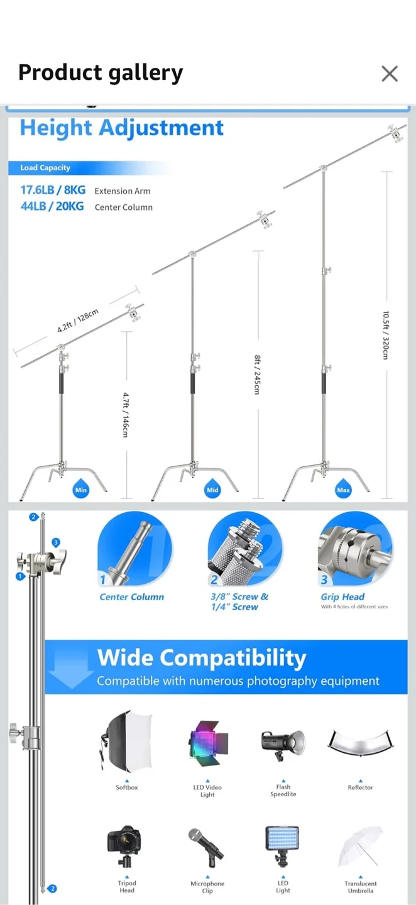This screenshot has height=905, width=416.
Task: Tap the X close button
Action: pos(390,74)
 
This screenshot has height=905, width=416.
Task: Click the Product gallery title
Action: pos(101,73)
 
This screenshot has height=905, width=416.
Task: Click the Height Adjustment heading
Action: pos(122,128)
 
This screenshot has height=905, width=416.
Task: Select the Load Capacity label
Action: pos(45,168)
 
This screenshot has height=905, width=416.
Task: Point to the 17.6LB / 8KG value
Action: pos(53,190)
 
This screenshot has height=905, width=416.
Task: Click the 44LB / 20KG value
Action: pos(52,206)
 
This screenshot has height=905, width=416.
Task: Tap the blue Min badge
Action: pos(81,490)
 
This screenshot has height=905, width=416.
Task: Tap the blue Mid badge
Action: pos(212,490)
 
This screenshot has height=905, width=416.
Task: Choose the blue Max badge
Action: pos(343,490)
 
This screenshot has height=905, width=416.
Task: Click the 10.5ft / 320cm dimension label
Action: pos(386,336)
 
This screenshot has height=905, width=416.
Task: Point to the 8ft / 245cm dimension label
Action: pos(257,375)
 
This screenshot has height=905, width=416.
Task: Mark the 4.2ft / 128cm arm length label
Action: pos(78,321)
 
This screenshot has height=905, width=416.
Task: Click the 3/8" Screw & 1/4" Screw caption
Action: pos(239,601)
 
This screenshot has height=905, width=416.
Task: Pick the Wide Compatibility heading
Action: pos(202,658)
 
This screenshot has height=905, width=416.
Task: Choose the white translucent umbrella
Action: pos(361,847)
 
